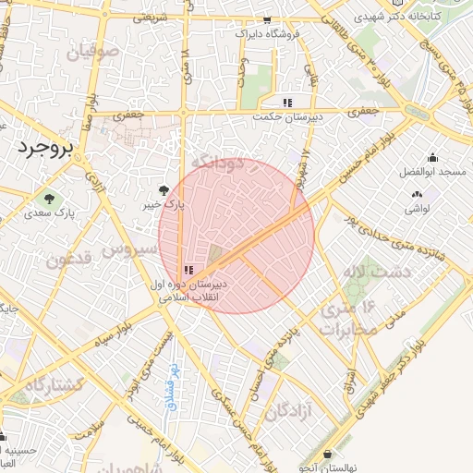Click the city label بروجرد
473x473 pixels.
pyautogui.click(x=43, y=147)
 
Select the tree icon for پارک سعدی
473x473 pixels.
pyautogui.click(x=49, y=198)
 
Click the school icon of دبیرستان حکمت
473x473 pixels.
pyautogui.click(x=288, y=103)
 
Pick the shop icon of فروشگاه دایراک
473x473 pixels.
pyautogui.click(x=268, y=19)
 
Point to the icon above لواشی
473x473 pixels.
pyautogui.click(x=416, y=194)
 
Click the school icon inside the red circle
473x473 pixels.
pyautogui.click(x=188, y=270)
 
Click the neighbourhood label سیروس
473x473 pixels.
pyautogui.click(x=128, y=249)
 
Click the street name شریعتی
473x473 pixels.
pyautogui.click(x=151, y=18)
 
